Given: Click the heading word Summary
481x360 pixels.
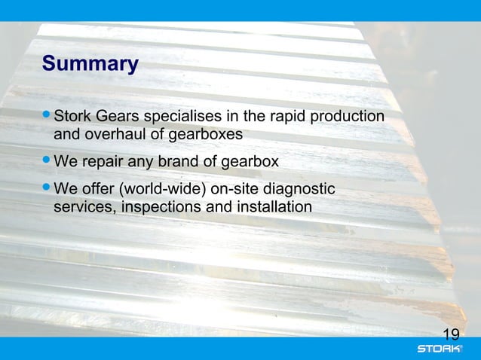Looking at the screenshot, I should click(90, 64).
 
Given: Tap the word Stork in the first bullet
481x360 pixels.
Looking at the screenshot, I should click(74, 117).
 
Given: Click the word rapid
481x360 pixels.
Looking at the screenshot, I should click(288, 117).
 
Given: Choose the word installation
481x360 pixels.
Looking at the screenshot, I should click(271, 206).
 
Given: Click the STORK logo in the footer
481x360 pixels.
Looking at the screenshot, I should click(441, 349).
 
